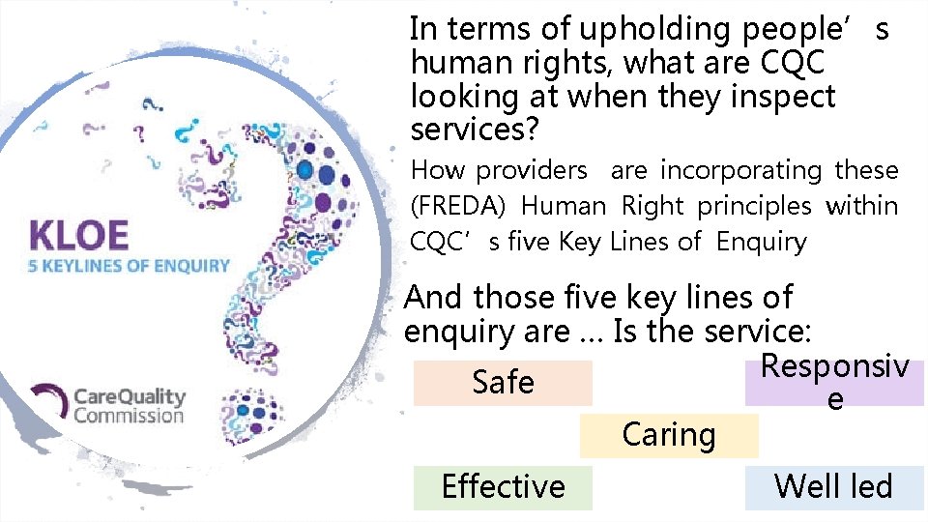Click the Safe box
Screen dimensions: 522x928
click(x=503, y=383)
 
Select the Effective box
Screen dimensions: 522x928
click(x=503, y=486)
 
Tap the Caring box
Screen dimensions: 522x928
click(x=669, y=435)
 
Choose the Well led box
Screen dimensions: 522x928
click(x=833, y=486)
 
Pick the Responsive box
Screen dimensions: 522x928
click(x=834, y=383)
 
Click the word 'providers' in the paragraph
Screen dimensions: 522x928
click(x=532, y=170)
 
